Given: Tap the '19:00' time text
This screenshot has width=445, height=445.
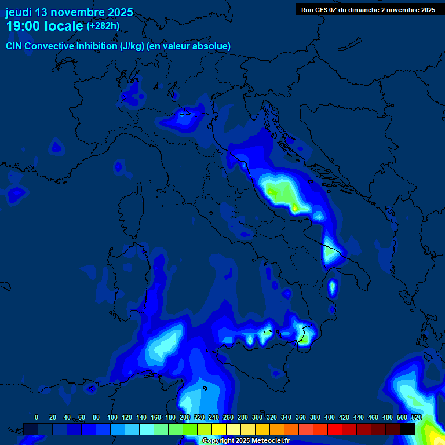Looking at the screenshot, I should pyautogui.click(x=23, y=27).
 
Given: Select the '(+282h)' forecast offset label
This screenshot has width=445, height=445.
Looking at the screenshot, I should pyautogui.click(x=103, y=26).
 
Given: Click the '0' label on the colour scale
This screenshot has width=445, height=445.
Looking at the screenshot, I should pyautogui.click(x=37, y=417).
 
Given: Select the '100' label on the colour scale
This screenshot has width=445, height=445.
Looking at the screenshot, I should pyautogui.click(x=112, y=417).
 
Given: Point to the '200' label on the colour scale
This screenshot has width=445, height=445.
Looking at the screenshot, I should pyautogui.click(x=185, y=417).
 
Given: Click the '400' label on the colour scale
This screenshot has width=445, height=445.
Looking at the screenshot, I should pyautogui.click(x=330, y=417).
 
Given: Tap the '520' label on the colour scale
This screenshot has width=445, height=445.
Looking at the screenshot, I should pyautogui.click(x=417, y=417).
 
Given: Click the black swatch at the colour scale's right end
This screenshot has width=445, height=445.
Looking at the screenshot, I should pyautogui.click(x=407, y=429).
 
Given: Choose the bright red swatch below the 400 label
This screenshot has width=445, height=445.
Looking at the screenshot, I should pyautogui.click(x=335, y=429).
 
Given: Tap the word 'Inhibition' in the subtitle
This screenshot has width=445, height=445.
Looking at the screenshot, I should pyautogui.click(x=97, y=46).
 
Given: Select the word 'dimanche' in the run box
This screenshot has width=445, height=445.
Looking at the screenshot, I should pyautogui.click(x=375, y=10).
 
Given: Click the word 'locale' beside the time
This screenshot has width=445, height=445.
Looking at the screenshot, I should pyautogui.click(x=64, y=27).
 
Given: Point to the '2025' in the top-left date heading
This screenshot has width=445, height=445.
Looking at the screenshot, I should pyautogui.click(x=119, y=13).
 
